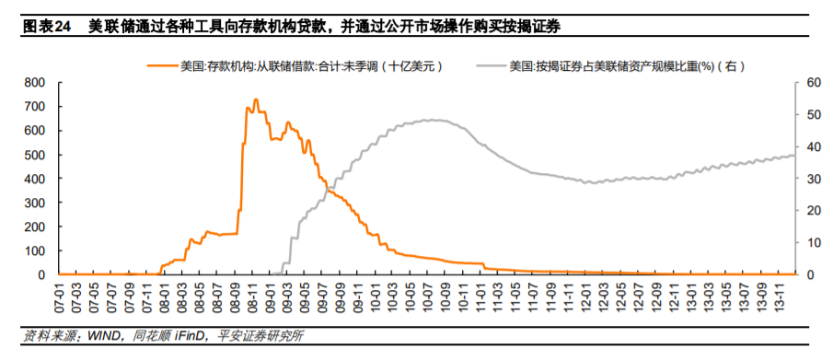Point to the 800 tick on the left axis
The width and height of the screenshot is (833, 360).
[x=37, y=82]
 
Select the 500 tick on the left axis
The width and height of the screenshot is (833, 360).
[x=37, y=155]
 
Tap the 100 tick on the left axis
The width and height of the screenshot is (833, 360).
[x=37, y=250]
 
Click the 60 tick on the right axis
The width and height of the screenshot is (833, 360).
[x=812, y=82]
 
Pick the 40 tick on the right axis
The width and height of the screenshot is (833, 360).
[x=812, y=146]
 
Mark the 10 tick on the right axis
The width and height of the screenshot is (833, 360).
[x=812, y=243]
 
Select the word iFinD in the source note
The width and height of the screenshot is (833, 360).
[x=190, y=337]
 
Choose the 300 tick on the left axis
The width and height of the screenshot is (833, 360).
[x=37, y=203]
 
